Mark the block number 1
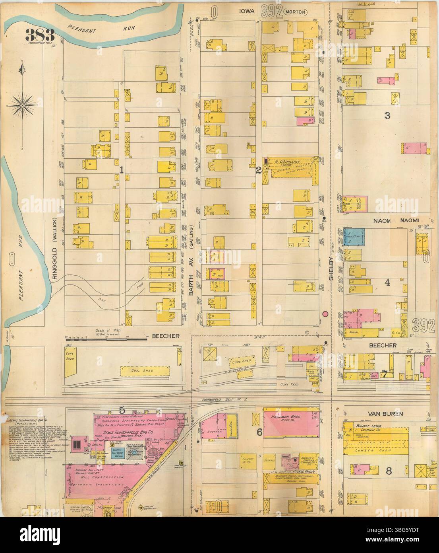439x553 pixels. pyautogui.click(x=122, y=170)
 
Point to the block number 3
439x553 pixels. pyautogui.click(x=387, y=116)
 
